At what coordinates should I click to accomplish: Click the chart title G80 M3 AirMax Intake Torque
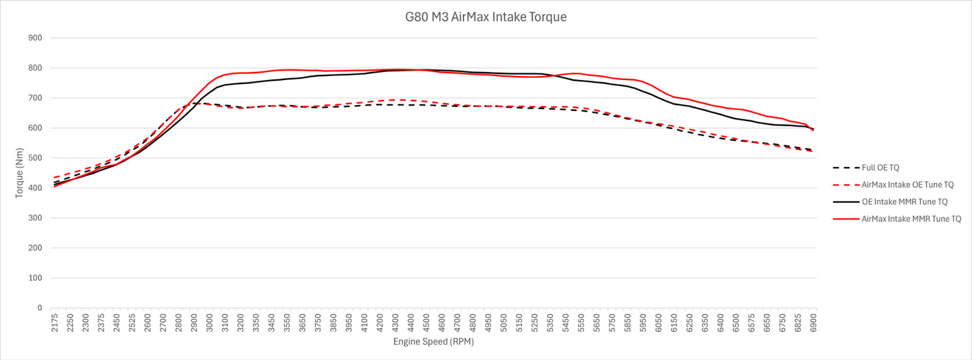486,17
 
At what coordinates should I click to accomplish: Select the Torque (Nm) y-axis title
19,173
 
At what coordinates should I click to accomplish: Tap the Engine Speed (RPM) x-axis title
433,342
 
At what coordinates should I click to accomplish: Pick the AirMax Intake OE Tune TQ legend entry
893,184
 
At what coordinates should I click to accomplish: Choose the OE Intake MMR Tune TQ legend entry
891,202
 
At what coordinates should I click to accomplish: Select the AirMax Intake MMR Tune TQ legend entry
897,219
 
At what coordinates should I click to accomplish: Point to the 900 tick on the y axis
36,38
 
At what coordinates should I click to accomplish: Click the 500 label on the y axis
36,158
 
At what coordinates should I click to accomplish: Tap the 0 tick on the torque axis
40,308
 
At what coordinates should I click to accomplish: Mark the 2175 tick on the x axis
54,322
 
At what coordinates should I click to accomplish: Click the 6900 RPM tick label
813,322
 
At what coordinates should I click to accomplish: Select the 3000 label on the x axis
210,322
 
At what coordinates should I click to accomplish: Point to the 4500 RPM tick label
426,322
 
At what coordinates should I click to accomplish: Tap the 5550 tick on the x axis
581,322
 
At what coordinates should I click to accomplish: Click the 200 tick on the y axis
36,248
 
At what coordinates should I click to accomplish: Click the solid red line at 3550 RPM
287,69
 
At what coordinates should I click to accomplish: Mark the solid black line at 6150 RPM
674,104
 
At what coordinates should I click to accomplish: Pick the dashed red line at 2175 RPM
55,178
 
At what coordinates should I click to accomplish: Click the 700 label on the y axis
36,98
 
